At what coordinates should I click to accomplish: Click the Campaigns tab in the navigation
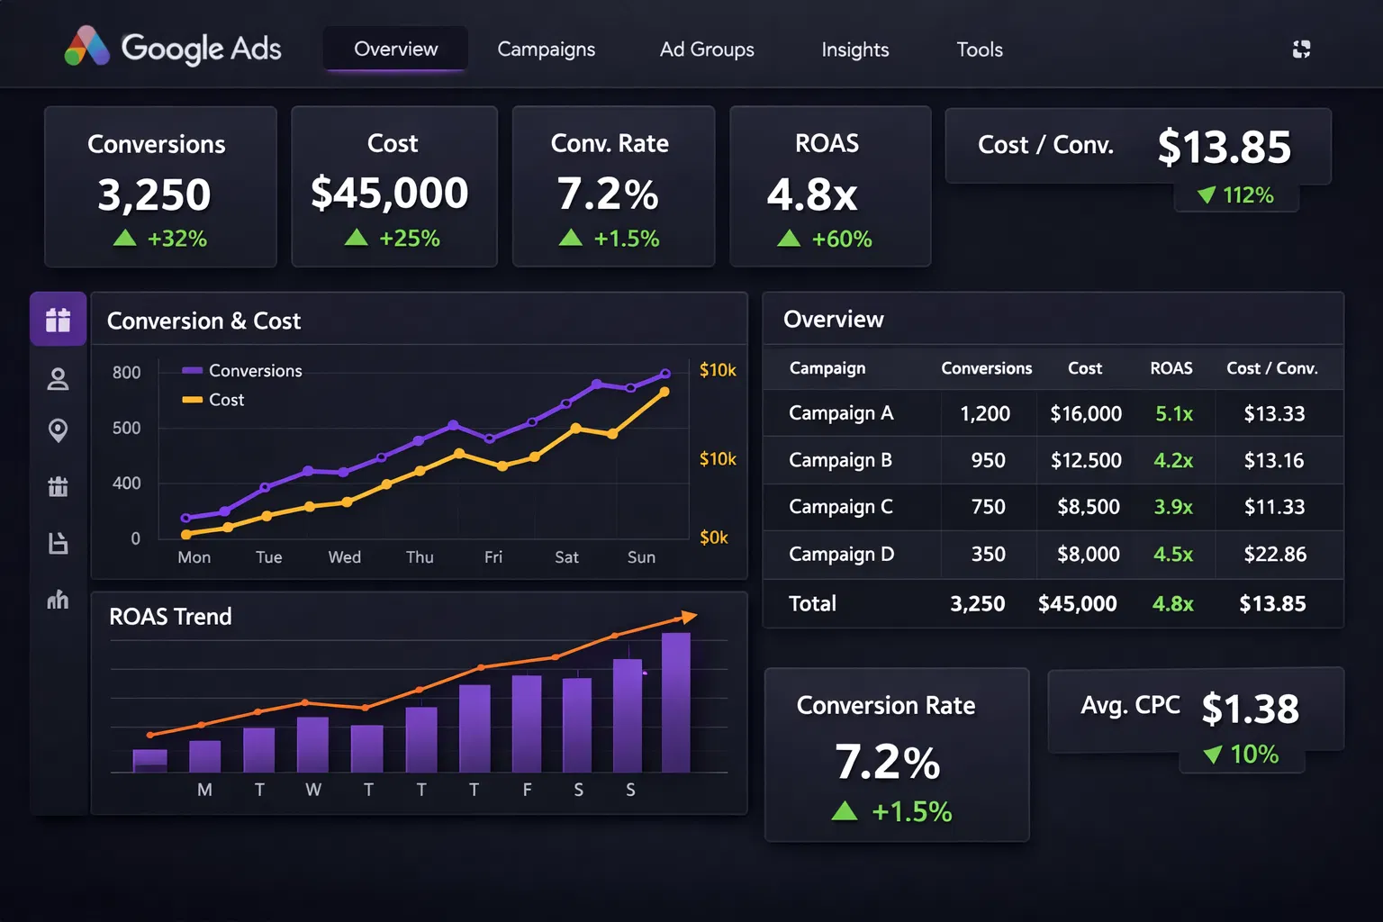[x=546, y=50]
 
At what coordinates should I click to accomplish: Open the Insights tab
[x=854, y=50]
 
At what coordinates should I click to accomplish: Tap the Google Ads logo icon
[x=86, y=47]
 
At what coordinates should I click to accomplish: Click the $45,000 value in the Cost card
[x=389, y=193]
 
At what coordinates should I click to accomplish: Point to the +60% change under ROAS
[x=841, y=239]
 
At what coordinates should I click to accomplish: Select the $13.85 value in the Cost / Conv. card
[x=1224, y=147]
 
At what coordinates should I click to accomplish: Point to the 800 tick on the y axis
[x=126, y=373]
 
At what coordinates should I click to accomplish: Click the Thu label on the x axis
[x=420, y=557]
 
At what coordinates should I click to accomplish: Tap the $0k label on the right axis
[x=714, y=538]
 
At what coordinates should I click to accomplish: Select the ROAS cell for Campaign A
[x=1173, y=413]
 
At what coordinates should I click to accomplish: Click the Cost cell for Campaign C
[x=1088, y=507]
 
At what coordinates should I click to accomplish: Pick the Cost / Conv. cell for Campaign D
[x=1274, y=554]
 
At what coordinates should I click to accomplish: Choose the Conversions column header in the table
[x=986, y=368]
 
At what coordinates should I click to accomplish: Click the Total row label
[x=812, y=603]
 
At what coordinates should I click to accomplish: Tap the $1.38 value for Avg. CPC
[x=1250, y=709]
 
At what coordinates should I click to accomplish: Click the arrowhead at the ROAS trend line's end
[x=689, y=617]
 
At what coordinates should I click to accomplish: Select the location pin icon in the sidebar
[x=58, y=430]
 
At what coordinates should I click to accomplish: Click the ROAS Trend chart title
[x=170, y=617]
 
